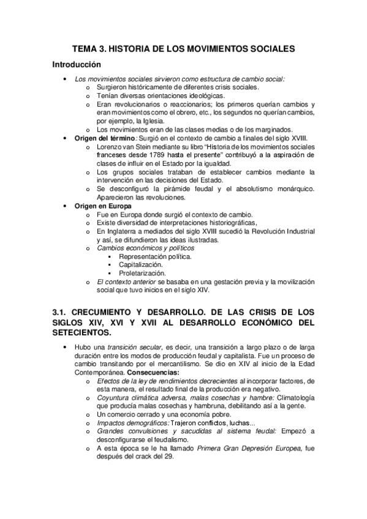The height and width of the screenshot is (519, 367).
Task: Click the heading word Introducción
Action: [x=77, y=64]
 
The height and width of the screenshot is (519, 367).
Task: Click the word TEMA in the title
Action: [x=86, y=48]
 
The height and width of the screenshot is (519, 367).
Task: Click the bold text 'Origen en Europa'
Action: [x=103, y=206]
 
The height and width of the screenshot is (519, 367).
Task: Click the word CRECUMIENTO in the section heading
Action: [x=107, y=312]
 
